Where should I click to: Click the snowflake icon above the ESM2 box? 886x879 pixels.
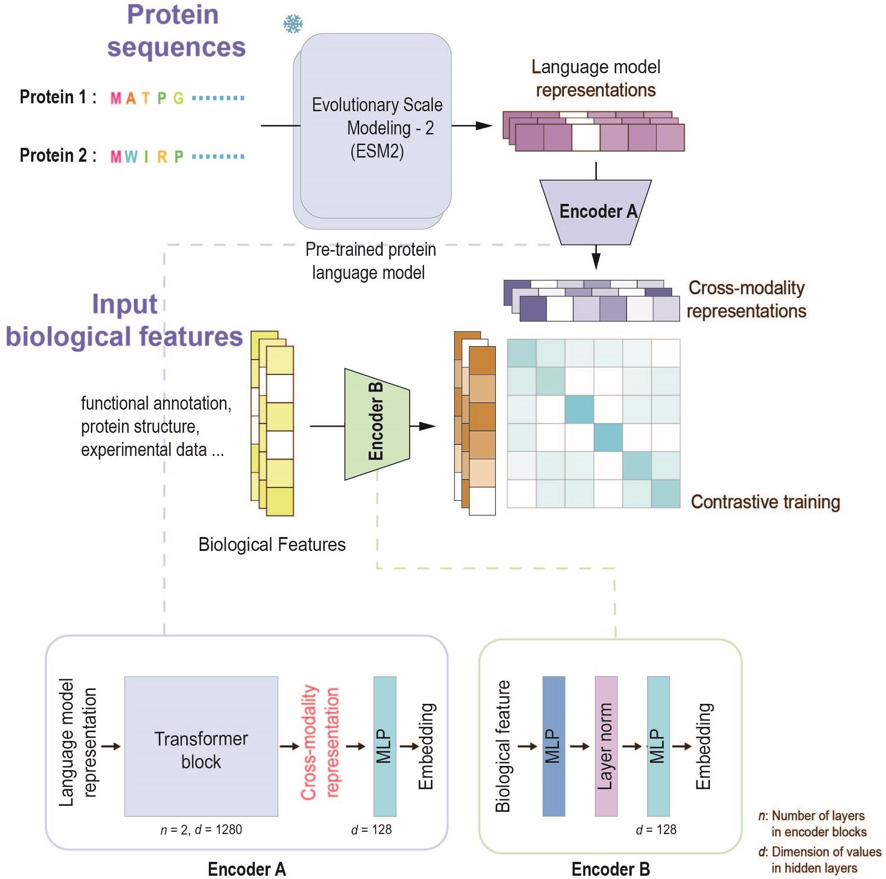tap(293, 24)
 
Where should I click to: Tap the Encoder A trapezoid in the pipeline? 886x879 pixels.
tap(596, 212)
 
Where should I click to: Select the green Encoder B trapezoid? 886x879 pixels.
tap(376, 424)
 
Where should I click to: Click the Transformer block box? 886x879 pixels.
tap(201, 746)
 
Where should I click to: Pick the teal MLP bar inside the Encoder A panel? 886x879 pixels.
tap(385, 746)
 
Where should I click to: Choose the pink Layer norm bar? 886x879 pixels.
tap(606, 746)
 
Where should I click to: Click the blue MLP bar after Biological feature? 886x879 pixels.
tap(553, 746)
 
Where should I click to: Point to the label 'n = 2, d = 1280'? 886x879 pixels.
tap(201, 829)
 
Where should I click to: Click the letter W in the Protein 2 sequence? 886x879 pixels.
tap(131, 157)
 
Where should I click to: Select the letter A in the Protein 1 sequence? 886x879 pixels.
tap(131, 98)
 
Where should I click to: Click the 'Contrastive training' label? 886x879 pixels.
tap(765, 502)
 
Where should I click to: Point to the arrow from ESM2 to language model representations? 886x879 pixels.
tap(472, 126)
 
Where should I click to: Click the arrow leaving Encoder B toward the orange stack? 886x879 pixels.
tap(422, 426)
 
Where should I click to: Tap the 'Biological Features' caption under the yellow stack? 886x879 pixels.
tap(272, 544)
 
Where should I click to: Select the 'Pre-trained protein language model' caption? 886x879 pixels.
tap(370, 261)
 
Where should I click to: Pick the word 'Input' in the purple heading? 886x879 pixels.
tap(125, 304)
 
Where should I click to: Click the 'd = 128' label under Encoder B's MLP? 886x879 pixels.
tap(656, 829)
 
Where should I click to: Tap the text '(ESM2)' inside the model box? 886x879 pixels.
tap(377, 151)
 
